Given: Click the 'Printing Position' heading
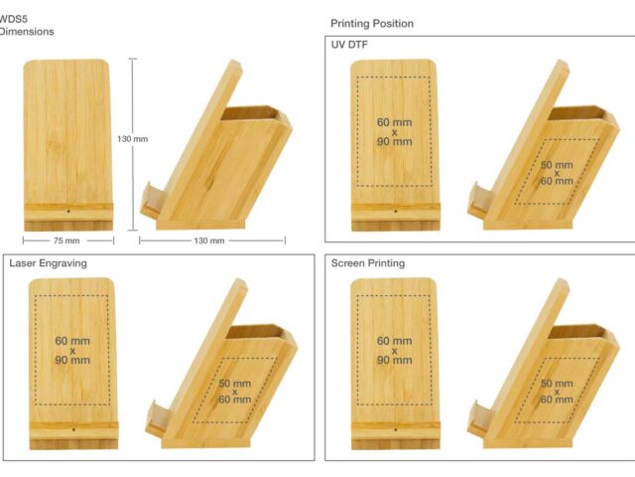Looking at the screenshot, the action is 372,24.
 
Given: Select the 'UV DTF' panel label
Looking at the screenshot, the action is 349,45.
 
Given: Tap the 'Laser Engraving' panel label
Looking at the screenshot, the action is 48,263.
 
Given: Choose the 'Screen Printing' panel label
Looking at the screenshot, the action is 368,263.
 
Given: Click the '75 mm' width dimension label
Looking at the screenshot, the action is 66,240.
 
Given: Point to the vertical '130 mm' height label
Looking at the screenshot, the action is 132,139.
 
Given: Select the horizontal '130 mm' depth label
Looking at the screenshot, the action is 209,240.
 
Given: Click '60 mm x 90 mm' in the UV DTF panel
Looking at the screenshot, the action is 395,132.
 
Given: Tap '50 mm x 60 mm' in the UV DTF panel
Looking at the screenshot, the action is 557,173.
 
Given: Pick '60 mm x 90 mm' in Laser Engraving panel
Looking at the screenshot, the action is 72,351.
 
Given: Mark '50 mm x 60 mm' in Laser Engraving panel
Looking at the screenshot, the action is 235,392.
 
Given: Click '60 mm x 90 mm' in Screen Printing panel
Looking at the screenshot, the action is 395,351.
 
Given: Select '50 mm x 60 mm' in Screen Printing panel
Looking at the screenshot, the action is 557,392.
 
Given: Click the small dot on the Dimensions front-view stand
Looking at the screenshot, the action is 68,212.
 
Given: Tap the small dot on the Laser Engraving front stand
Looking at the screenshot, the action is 73,429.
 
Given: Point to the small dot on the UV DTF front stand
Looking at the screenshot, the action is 395,212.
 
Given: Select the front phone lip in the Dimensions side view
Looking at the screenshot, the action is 153,200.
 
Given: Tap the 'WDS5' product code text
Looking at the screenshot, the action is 13,19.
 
